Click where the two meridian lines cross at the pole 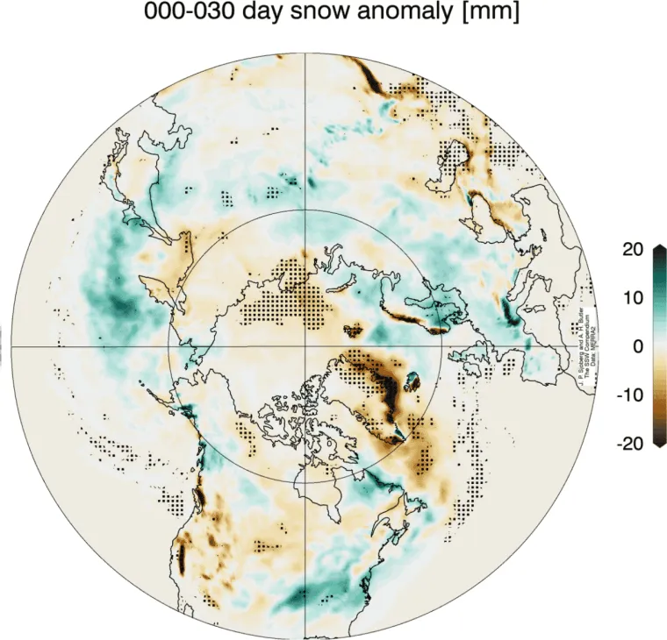(x=305, y=345)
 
